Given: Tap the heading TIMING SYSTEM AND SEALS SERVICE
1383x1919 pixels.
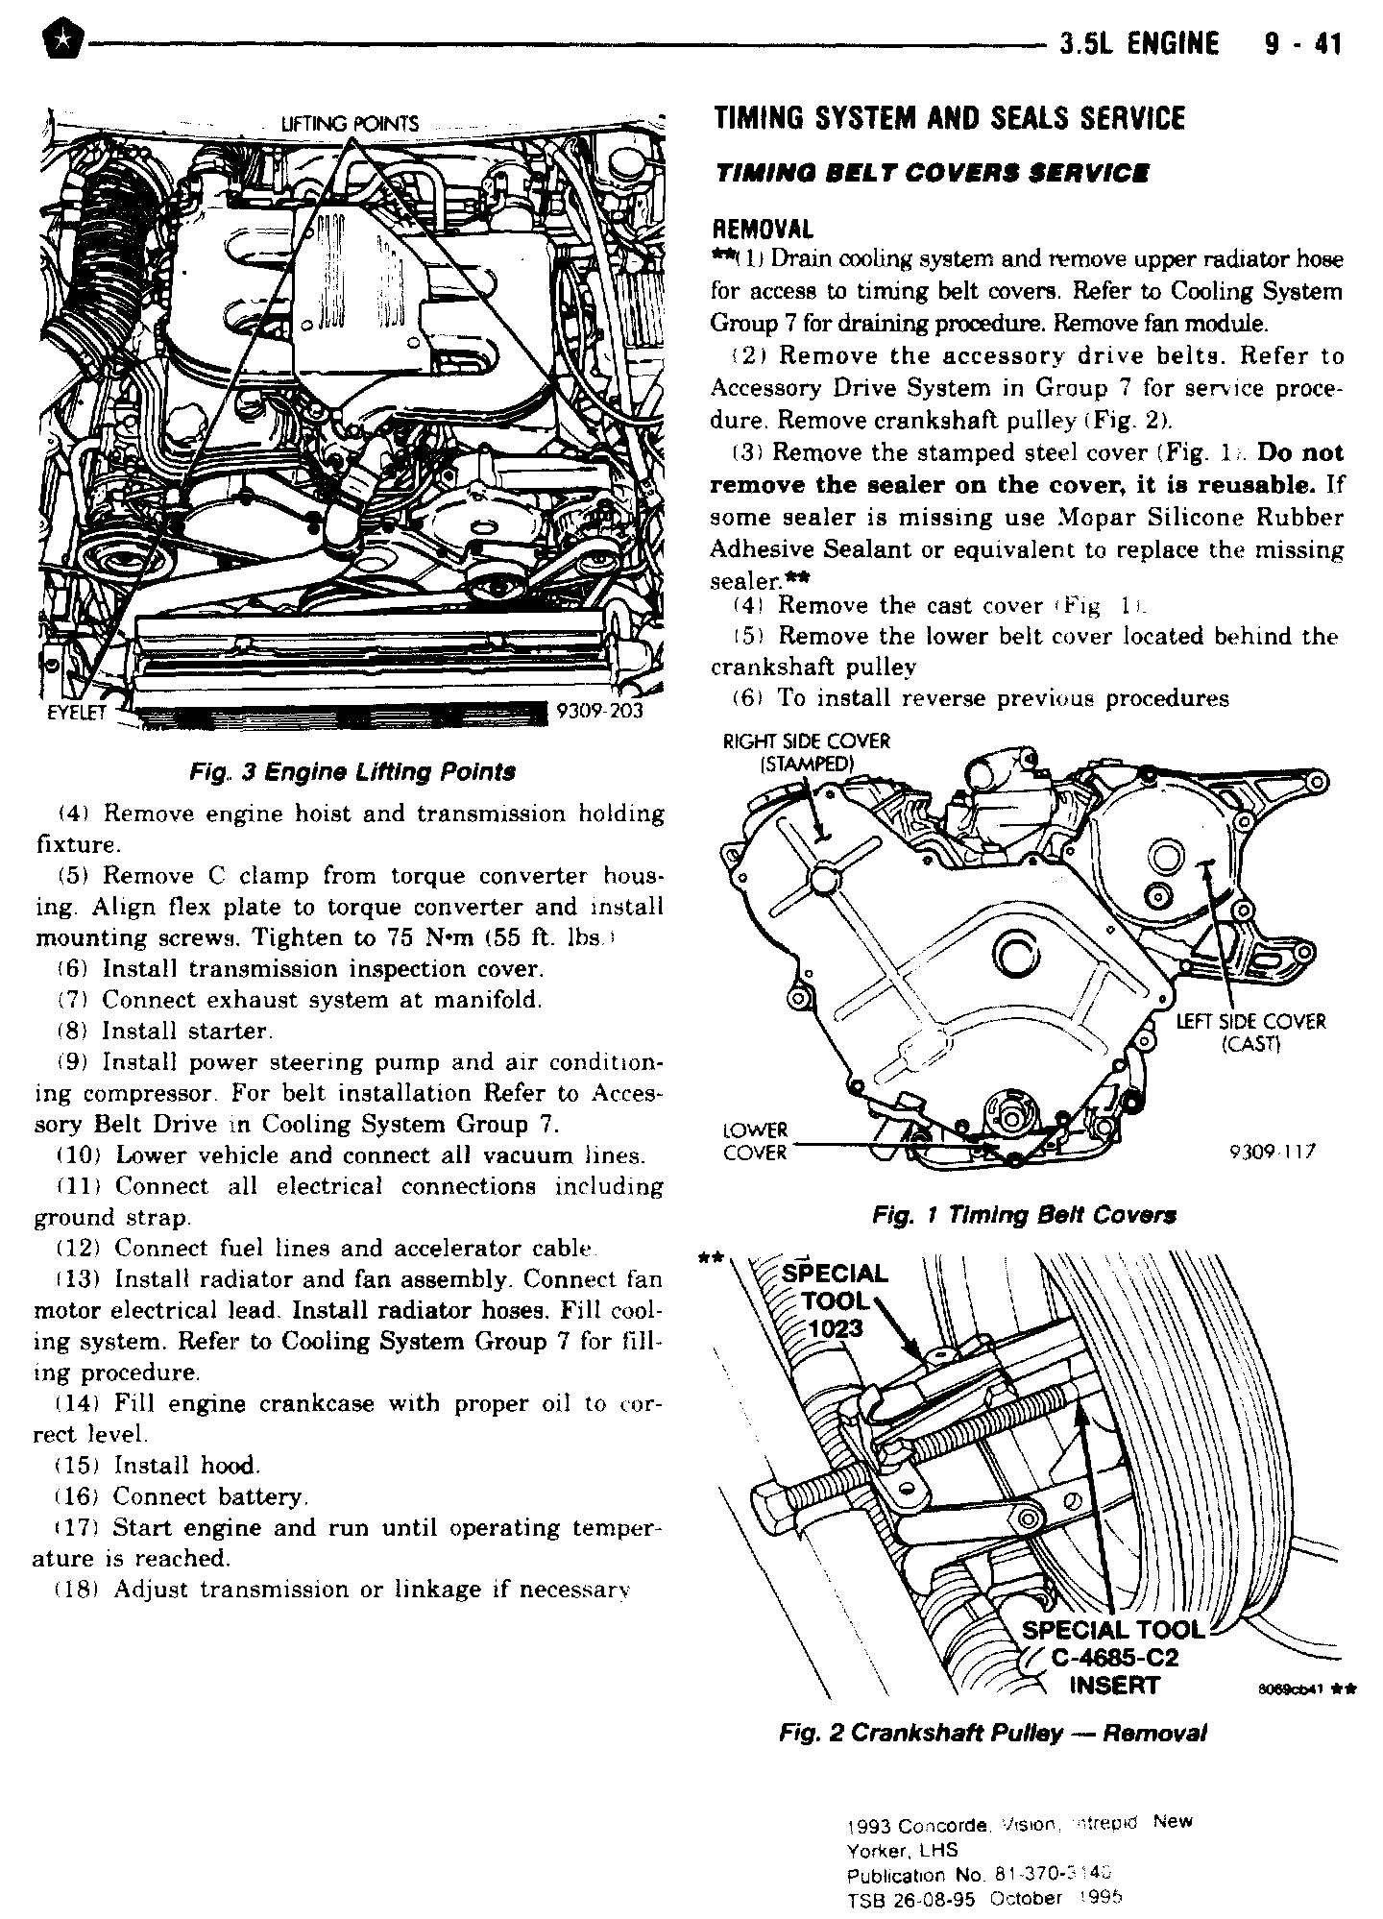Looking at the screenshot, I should point(950,119).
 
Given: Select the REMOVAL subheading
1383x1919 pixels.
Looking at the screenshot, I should point(762,230).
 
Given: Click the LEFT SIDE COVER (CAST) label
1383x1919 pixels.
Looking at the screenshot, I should point(1250,1032).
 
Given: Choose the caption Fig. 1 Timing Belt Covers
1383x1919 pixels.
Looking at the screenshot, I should point(1024,1215).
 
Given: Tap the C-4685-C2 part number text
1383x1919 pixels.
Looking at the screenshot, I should point(1119,1659).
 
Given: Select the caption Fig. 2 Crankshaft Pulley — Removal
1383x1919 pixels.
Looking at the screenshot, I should point(992,1733).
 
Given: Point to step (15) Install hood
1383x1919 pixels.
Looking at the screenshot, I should point(186,1466).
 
